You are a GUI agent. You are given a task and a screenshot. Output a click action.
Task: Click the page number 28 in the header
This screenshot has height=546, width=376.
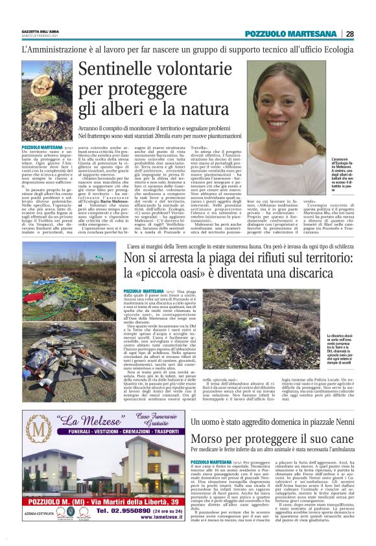pyautogui.click(x=349, y=34)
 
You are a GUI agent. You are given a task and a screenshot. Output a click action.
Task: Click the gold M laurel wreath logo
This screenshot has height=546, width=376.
pyautogui.click(x=46, y=434)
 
